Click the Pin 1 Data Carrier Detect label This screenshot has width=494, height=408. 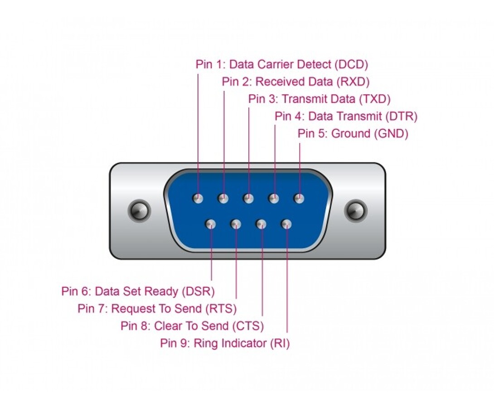coord(281,64)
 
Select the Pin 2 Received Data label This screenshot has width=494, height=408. coord(295,82)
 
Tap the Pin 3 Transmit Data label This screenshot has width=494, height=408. coord(319,99)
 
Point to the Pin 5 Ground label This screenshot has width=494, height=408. coord(353,134)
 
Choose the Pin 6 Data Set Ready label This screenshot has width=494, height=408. coord(138,291)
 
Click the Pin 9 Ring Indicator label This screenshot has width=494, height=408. coord(225,343)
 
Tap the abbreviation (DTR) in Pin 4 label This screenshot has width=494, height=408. coord(401,116)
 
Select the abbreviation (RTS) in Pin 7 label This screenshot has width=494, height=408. coord(221,309)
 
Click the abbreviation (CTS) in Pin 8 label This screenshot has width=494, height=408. coord(247,326)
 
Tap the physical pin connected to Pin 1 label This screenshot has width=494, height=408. coord(198,199)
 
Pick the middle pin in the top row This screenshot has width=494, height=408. coord(248,199)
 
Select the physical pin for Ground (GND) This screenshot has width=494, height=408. coord(299,199)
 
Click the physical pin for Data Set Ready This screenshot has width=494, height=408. coord(210,224)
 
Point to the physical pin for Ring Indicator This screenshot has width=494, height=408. coord(286,224)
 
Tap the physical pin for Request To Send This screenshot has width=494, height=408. coord(236,224)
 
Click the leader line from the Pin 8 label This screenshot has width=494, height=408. coord(262,281)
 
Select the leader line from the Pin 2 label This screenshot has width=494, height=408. coord(224,136)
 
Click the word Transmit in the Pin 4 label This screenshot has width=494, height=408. coord(361,116)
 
